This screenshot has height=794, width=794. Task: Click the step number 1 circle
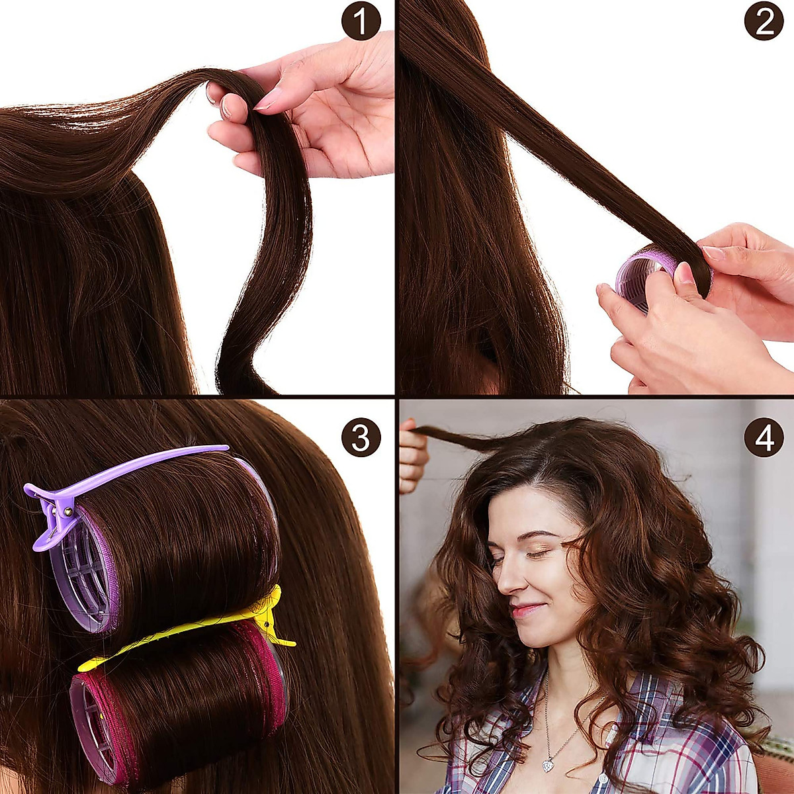click(x=361, y=21)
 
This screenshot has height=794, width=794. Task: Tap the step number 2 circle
click(x=764, y=21)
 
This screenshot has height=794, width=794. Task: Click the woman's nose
click(x=506, y=582)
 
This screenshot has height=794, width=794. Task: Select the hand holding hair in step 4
click(x=412, y=457)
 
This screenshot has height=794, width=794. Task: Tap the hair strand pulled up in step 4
click(x=457, y=437)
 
